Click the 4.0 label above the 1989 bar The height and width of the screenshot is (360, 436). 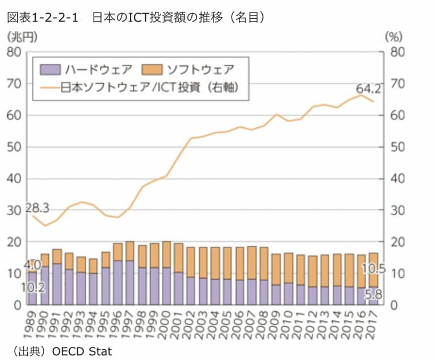33,265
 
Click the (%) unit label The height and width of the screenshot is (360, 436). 393,37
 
